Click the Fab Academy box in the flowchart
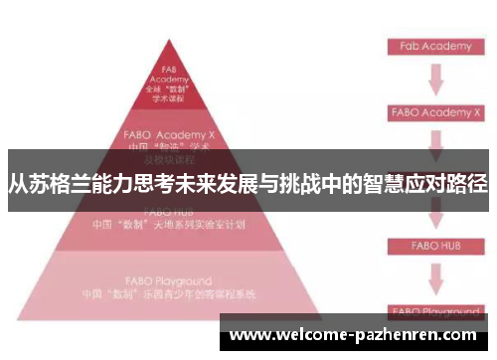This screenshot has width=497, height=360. click(x=434, y=46)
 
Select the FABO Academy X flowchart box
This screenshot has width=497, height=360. click(x=434, y=111)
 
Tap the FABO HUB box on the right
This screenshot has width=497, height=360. click(x=434, y=244)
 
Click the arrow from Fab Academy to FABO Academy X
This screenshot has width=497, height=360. click(x=435, y=79)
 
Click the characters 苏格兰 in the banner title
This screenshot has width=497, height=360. click(x=59, y=185)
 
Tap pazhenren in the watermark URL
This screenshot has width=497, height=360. click(x=394, y=335)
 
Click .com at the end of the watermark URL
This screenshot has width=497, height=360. click(x=458, y=335)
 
